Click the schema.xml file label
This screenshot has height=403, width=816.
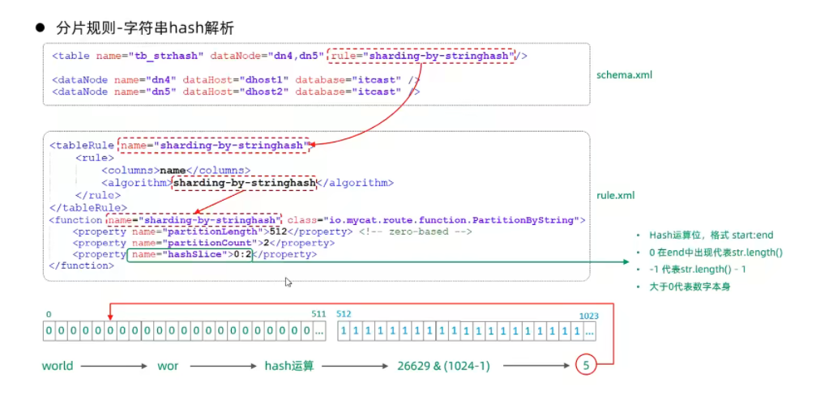click(x=625, y=74)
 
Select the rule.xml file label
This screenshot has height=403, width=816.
click(x=616, y=195)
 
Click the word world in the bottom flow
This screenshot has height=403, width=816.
click(x=58, y=366)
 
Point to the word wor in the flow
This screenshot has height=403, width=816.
click(x=169, y=366)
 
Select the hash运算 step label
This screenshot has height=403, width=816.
click(x=289, y=366)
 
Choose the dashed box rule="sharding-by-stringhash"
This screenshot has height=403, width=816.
click(x=421, y=56)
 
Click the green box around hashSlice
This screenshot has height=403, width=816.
click(x=191, y=254)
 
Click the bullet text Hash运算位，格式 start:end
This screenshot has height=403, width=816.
click(x=705, y=235)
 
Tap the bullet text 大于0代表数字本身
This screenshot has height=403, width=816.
click(x=690, y=286)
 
